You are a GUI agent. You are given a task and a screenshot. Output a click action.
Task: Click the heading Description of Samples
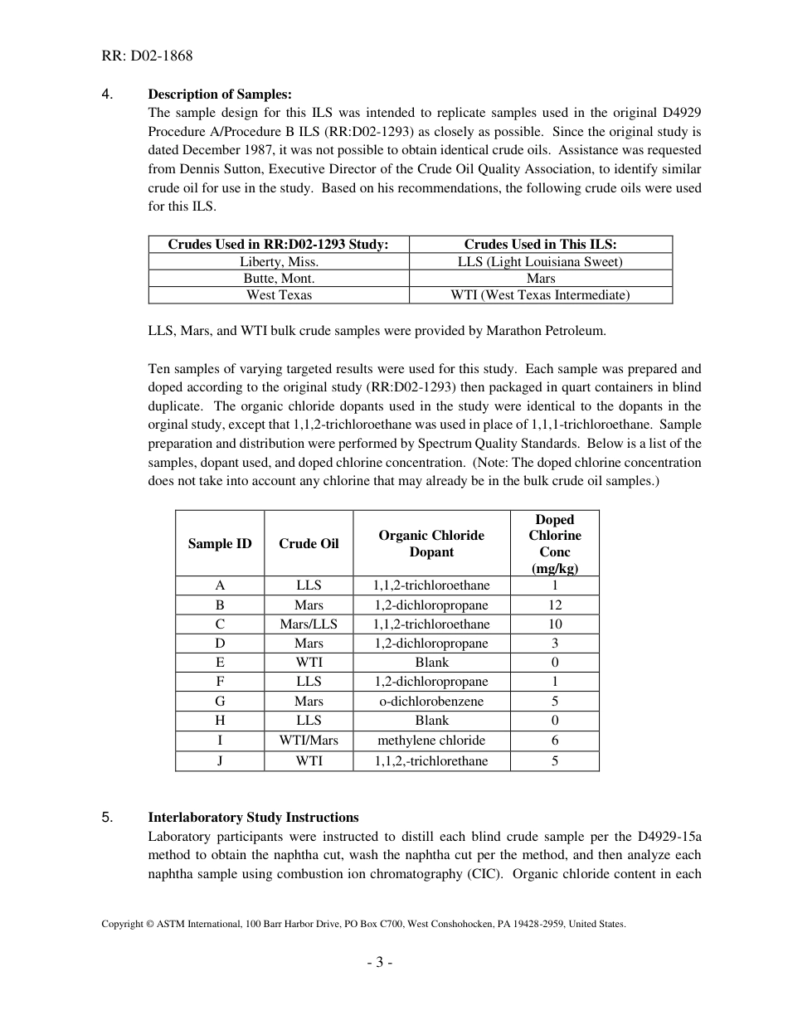[x=220, y=94]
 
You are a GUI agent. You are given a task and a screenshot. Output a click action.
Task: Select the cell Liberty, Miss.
[x=279, y=261]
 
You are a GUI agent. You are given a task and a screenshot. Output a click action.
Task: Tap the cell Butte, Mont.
[x=279, y=278]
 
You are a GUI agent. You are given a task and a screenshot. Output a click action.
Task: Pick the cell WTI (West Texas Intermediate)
[x=540, y=294]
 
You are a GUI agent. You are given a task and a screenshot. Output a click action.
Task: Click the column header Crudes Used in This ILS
[x=540, y=244]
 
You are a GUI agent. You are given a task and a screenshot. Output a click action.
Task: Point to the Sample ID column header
[x=220, y=543]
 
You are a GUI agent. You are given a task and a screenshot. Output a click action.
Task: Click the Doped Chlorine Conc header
[x=554, y=543]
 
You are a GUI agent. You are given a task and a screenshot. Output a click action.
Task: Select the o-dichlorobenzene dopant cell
[x=431, y=701]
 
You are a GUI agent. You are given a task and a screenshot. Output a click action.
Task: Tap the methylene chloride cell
[x=431, y=740]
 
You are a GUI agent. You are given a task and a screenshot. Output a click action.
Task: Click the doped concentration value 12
[x=554, y=605]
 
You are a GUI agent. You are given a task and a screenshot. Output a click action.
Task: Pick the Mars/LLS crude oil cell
[x=309, y=624]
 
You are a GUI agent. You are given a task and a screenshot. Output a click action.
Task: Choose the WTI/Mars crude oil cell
[x=309, y=740]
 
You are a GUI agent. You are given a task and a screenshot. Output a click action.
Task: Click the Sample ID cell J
[x=220, y=760]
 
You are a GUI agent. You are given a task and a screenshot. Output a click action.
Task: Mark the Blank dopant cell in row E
[x=431, y=662]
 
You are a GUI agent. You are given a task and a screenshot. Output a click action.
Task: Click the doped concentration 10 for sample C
[x=554, y=624]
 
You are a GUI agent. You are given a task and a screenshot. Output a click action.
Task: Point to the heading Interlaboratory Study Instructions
[x=253, y=817]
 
